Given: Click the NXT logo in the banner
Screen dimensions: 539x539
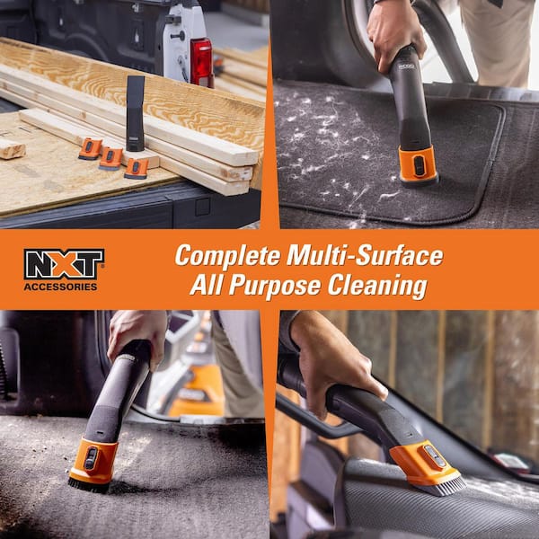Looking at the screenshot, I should click(x=64, y=262).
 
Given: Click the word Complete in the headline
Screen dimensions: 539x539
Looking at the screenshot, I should click(x=224, y=256).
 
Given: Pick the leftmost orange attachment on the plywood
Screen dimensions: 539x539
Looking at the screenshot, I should click(x=90, y=149).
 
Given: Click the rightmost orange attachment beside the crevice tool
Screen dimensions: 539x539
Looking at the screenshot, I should click(x=137, y=168).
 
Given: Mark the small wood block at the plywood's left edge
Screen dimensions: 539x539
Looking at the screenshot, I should click(x=12, y=148).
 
